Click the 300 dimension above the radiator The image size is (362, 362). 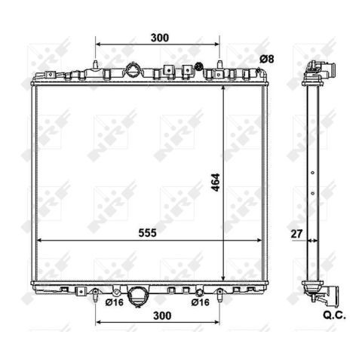click(160, 38)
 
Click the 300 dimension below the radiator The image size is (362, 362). click(162, 315)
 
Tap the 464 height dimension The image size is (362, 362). click(216, 183)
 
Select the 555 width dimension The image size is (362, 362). click(147, 233)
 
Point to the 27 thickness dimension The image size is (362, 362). click(296, 234)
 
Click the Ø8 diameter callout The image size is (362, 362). click(267, 60)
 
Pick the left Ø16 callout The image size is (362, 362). click(115, 302)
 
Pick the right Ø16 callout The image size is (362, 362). click(200, 302)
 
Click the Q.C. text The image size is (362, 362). click(334, 315)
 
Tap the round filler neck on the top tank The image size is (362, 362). click(133, 70)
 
